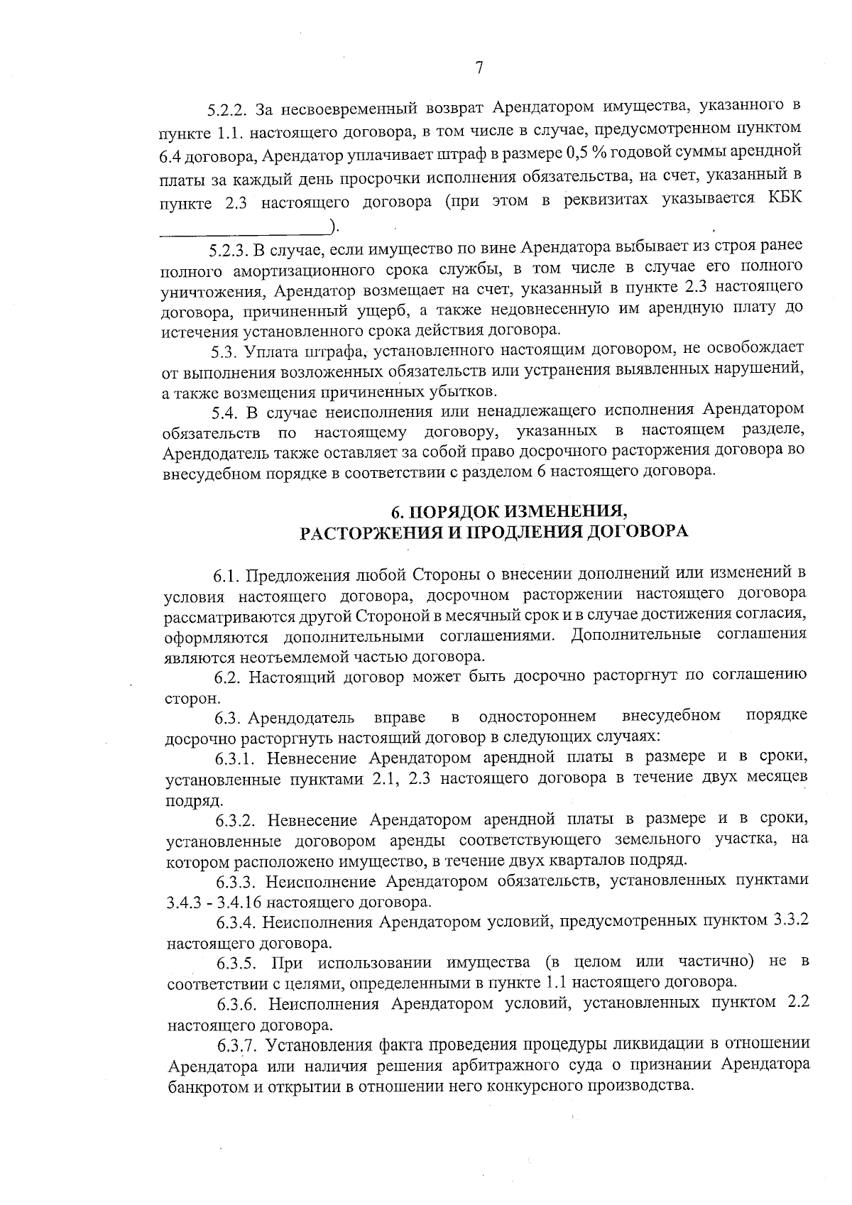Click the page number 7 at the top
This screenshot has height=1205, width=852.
click(x=479, y=68)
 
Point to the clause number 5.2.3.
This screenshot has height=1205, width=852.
click(x=227, y=249)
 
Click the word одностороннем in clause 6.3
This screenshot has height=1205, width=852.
click(x=537, y=716)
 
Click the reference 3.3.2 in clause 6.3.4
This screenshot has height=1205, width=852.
click(x=790, y=922)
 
